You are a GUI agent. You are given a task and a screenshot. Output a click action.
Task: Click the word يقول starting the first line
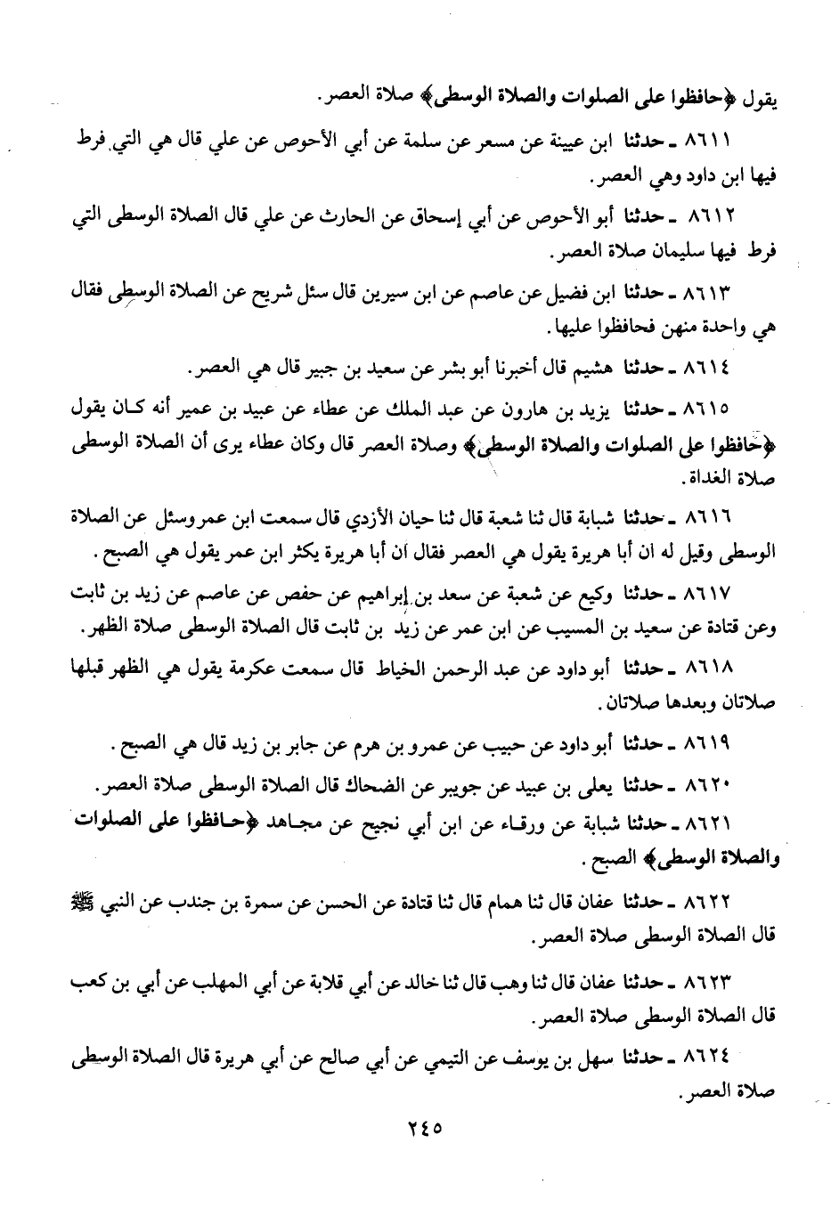757,96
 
